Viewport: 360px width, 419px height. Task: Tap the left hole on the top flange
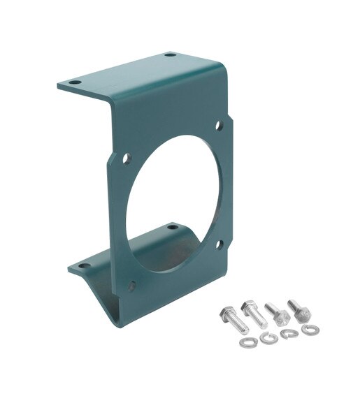[x=73, y=83]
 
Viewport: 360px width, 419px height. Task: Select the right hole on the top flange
[x=168, y=54]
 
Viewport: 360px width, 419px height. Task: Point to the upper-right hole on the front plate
[x=219, y=126]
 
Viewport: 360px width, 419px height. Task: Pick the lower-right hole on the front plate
[x=219, y=244]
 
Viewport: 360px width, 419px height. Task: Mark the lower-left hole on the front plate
[x=131, y=284]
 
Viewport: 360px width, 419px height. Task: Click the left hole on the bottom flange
[x=84, y=266]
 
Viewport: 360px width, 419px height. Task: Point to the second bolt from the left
[x=254, y=315]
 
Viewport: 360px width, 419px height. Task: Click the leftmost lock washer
[x=245, y=344]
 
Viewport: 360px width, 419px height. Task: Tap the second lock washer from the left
[x=265, y=338]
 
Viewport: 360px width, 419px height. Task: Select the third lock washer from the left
[x=287, y=335]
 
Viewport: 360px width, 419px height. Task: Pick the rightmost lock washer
[x=308, y=328]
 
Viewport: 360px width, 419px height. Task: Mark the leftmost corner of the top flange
[x=59, y=86]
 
